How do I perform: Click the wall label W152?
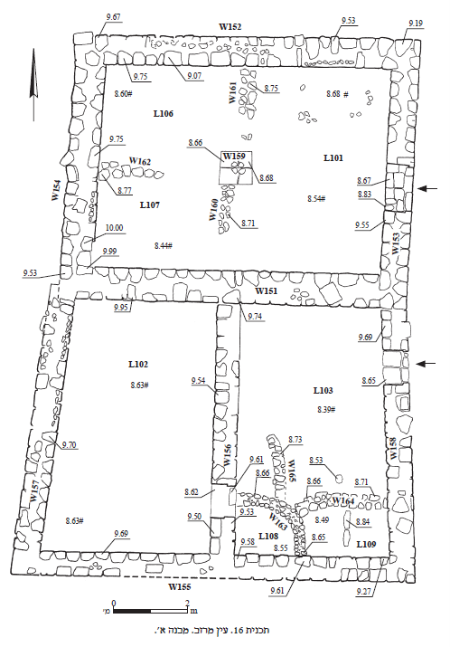(230, 27)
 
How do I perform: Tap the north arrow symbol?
(33, 84)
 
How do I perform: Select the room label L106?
(164, 114)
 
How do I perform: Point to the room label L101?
(333, 157)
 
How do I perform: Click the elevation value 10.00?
(114, 228)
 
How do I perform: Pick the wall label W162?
(140, 161)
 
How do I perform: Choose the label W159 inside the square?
(234, 156)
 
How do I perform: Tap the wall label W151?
(267, 290)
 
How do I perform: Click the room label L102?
(138, 365)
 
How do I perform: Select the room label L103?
(323, 390)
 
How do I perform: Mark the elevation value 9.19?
(416, 24)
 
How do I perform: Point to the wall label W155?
(180, 586)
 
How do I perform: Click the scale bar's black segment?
(132, 611)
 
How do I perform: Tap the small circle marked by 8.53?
(339, 479)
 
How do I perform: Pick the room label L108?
(268, 536)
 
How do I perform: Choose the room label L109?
(366, 544)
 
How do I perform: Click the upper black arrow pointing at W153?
(427, 188)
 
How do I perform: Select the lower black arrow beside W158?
(426, 364)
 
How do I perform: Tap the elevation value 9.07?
(194, 76)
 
